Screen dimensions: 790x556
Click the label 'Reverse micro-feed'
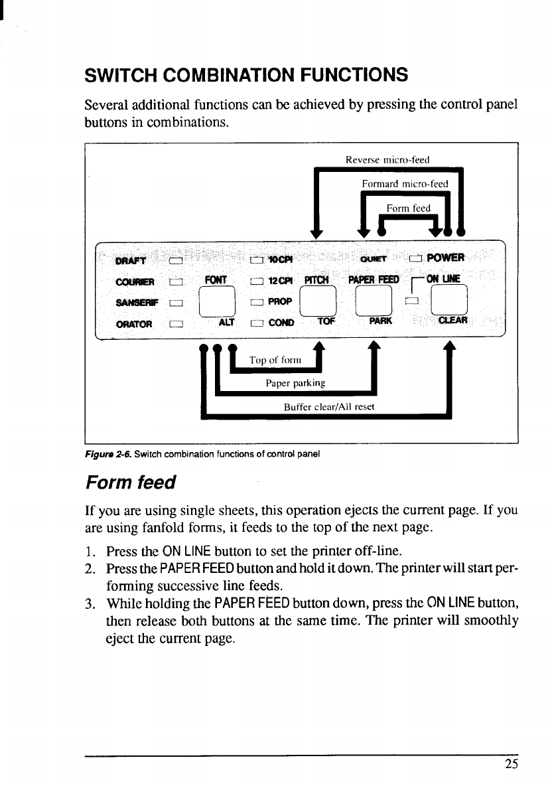(389, 159)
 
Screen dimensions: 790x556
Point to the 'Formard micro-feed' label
(405, 184)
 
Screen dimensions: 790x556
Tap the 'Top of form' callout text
(275, 360)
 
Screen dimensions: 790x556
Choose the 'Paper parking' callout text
(295, 383)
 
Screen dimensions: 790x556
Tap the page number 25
(510, 763)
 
